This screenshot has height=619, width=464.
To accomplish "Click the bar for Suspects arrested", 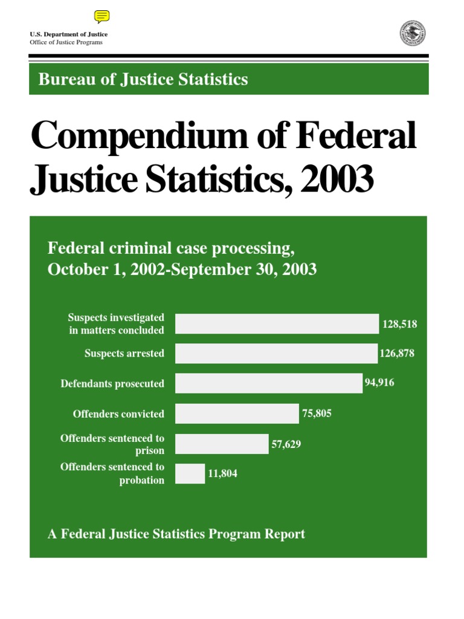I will coord(276,354).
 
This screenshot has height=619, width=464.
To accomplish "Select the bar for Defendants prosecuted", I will coord(269,383).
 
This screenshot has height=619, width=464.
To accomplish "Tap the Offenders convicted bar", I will coord(237,414).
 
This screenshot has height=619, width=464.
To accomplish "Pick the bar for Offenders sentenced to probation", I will coord(190,474).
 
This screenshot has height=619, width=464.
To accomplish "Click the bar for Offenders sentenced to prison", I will coord(222,444).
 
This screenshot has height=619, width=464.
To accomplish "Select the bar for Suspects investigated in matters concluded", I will coord(277,324).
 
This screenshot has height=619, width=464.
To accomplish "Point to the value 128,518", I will coord(399,324).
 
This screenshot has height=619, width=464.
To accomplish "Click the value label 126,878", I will coord(397,354).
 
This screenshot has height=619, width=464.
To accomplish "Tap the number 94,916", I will coord(379,383).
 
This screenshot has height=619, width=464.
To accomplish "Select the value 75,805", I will coord(317,414).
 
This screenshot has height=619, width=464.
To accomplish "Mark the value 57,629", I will coord(286,444).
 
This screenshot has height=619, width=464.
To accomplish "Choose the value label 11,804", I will coord(222,474).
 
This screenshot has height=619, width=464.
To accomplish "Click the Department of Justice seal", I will coord(413,33).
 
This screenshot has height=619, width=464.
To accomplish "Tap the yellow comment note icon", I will coord(102,17).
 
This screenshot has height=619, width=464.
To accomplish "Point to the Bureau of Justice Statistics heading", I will coord(143,79).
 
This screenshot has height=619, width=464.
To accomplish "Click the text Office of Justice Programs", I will coord(66,42).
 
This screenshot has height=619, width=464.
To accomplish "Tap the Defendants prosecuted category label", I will coord(112,384).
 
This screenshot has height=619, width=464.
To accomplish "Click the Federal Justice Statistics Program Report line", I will coord(176,534).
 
